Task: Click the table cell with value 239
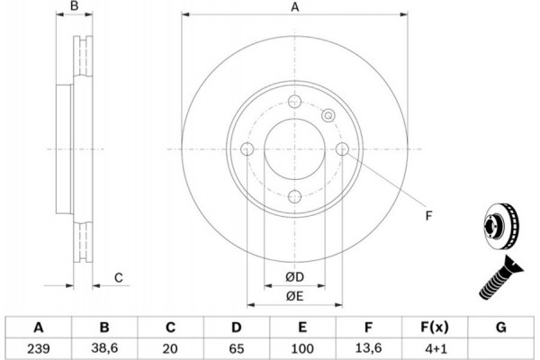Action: pos(38,348)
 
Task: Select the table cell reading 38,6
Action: pos(104,348)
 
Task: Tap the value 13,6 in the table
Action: pos(368,348)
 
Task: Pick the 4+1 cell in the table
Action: pos(435,348)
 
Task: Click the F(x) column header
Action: pos(435,327)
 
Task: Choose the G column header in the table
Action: pos(501,327)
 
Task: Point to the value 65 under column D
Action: pos(236,348)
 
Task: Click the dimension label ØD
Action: pos(295,277)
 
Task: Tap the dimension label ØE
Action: pos(295,296)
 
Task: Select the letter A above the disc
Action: pos(295,6)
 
